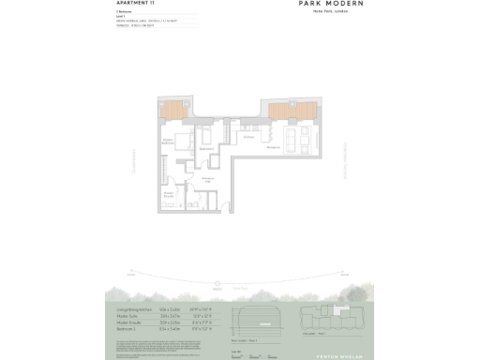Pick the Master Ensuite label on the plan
point(169,194)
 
